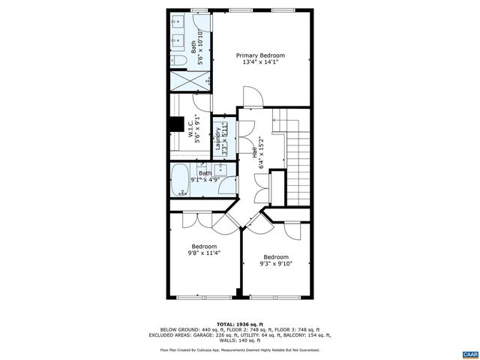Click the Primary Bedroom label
point(261,55)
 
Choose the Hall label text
point(254,149)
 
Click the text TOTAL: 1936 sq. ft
point(240,324)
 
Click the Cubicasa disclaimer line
point(240,350)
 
